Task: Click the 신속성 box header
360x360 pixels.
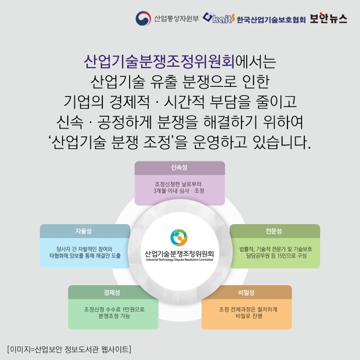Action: (x=179, y=168)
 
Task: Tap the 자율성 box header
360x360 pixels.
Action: (x=85, y=231)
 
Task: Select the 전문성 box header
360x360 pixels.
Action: (x=274, y=231)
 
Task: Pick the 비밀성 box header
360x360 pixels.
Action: (x=246, y=292)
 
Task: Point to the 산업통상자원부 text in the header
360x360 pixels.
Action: (x=176, y=20)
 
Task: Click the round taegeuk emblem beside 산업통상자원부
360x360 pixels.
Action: (x=143, y=19)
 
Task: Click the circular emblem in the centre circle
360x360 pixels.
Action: (x=180, y=237)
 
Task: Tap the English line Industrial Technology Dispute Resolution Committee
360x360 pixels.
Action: (x=179, y=260)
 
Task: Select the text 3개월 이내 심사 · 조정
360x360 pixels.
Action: (x=179, y=191)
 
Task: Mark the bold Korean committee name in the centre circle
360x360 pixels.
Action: (x=179, y=252)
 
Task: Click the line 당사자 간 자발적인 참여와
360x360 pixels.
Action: (x=84, y=249)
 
